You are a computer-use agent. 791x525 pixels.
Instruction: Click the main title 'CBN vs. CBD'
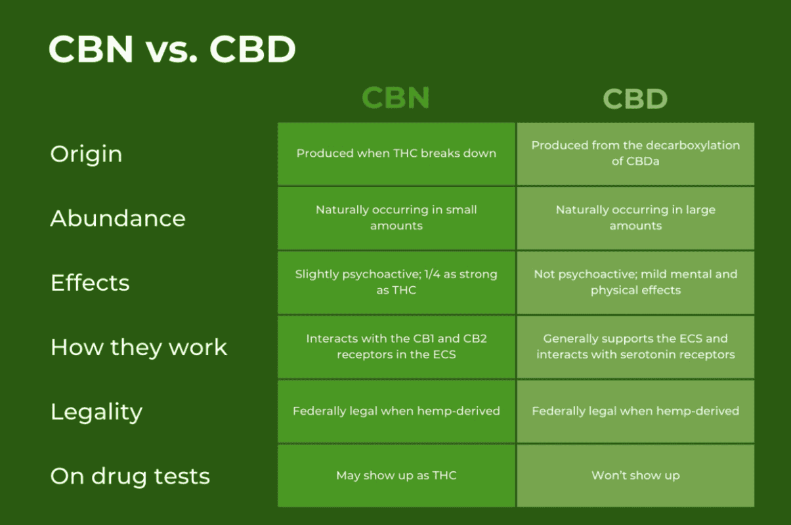point(172,49)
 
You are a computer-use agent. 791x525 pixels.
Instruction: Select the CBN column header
point(396,97)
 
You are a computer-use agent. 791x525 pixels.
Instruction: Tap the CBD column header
point(635,98)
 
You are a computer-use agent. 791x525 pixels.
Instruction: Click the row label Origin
point(86,154)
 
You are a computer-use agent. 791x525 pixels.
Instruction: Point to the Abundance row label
point(118,218)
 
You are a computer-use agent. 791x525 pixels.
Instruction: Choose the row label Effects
point(90,282)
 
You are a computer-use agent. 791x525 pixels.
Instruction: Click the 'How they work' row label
point(139,347)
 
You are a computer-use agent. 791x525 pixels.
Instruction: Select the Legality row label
point(96,411)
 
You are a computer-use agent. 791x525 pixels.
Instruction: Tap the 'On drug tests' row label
point(130,476)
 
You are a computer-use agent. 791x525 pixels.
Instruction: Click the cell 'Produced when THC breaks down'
point(396,154)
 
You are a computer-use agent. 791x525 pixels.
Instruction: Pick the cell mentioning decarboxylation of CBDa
point(635,154)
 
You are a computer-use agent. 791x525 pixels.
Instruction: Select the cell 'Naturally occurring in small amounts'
point(396,218)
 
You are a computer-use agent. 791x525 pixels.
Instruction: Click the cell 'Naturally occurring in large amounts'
point(635,218)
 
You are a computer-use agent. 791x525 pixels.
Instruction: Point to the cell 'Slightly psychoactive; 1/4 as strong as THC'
point(396,282)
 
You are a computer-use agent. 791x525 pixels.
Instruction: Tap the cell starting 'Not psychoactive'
point(635,282)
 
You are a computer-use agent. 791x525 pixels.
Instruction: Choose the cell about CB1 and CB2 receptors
point(396,347)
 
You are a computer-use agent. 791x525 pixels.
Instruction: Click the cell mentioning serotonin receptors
point(635,347)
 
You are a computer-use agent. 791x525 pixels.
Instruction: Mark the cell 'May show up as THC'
point(396,476)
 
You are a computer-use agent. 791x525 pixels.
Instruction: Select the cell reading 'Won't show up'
point(635,476)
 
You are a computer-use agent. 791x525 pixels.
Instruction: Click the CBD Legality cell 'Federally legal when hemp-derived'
point(635,411)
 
